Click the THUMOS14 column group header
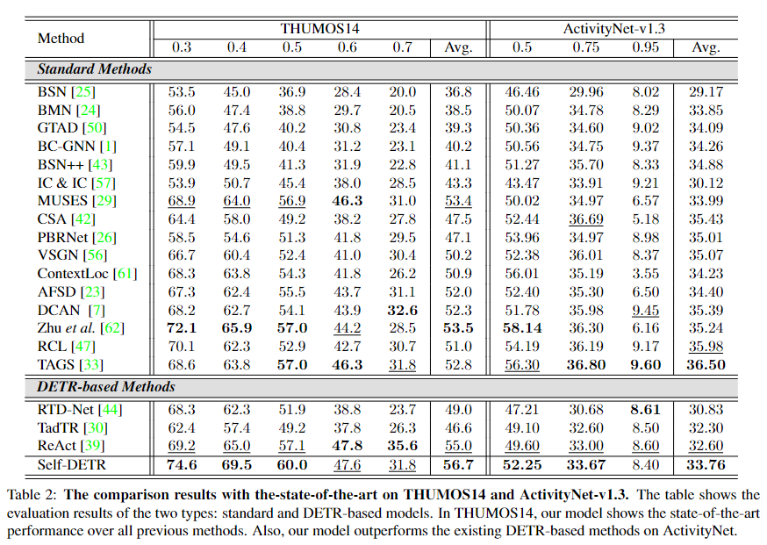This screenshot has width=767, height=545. pos(319,28)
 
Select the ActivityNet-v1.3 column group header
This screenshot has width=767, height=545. pos(614,28)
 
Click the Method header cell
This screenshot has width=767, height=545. pos(61,38)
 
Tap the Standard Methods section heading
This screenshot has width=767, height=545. pos(94,68)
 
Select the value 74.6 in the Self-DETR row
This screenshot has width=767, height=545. pos(183,464)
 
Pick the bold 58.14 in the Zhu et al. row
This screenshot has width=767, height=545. pos(522,327)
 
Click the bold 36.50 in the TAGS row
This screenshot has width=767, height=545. pos(706,364)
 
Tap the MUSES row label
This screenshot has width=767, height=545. pos(62,201)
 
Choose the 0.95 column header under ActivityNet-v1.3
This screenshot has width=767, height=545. pos(646,47)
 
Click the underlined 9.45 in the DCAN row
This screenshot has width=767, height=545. pos(646,309)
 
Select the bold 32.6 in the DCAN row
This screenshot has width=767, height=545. pos(403,309)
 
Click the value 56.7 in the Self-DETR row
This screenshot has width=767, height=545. pos(458,464)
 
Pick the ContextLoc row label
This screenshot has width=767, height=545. pos(74,273)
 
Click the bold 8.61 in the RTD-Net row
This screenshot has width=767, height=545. pos(646,410)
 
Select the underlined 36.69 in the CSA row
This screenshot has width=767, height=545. pos(584,219)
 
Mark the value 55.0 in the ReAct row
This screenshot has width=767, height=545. pos(458,446)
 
